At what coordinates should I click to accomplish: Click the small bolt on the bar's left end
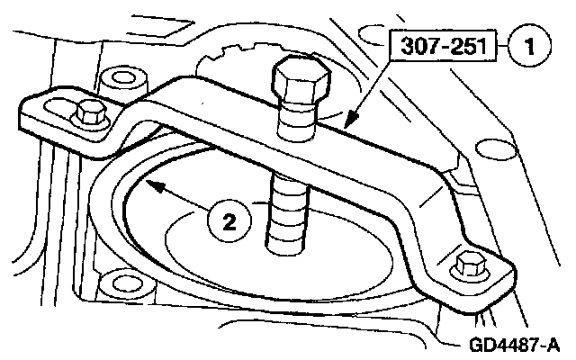tap(88, 112)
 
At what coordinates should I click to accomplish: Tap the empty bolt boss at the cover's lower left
tap(115, 277)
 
